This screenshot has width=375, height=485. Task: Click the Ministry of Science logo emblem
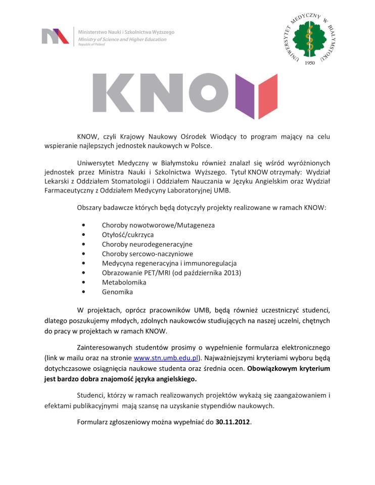[55, 36]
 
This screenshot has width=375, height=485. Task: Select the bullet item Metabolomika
[120, 282]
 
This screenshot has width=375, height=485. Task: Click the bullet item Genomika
[117, 292]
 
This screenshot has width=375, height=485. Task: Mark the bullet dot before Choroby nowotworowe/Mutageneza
[83, 225]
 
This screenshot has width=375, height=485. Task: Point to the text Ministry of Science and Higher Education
[126, 39]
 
